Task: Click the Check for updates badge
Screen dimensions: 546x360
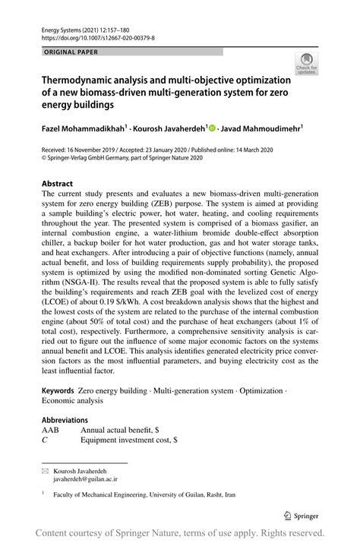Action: tap(306, 64)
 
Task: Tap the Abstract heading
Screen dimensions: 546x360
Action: tap(57, 184)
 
